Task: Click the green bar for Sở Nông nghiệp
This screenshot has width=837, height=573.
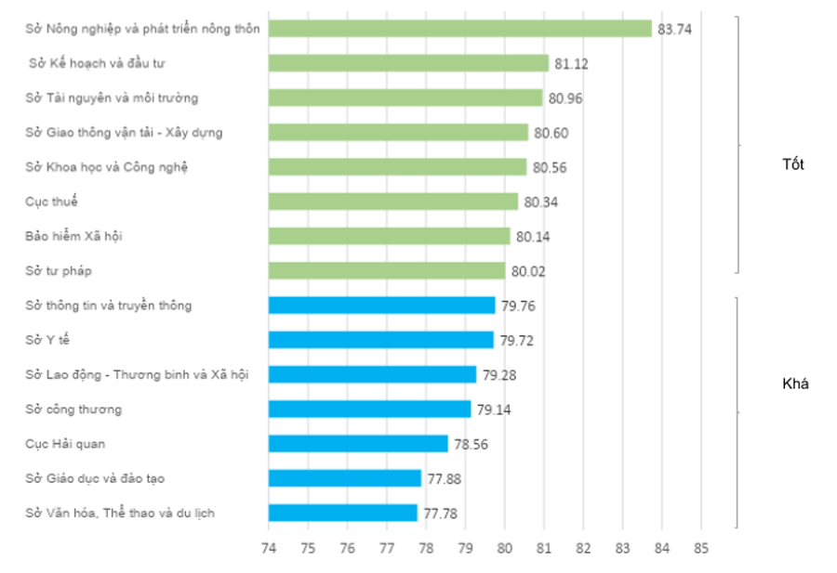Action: click(x=459, y=29)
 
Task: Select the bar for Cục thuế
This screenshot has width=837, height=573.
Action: click(x=392, y=202)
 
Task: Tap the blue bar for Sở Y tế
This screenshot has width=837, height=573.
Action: click(x=380, y=340)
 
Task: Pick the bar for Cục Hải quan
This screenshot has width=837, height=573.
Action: click(x=358, y=444)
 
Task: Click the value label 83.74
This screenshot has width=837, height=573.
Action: click(x=674, y=29)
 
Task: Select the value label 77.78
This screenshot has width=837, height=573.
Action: click(x=440, y=513)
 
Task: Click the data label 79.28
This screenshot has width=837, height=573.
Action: click(x=498, y=375)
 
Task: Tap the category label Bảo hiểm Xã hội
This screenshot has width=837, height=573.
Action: click(x=73, y=236)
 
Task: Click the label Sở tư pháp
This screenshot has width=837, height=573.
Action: click(x=59, y=270)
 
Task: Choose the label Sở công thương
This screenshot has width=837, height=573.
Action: click(x=73, y=409)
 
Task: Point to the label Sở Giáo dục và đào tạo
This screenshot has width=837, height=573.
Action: click(x=96, y=478)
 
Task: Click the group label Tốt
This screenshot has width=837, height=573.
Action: click(x=793, y=164)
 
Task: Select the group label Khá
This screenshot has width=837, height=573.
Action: click(x=795, y=384)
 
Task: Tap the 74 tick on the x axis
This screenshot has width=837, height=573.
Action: click(x=268, y=547)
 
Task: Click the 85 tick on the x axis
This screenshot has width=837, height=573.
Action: click(x=701, y=547)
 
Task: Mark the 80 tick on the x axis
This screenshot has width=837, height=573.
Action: click(x=504, y=547)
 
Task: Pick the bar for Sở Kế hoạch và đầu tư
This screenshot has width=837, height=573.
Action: click(x=408, y=63)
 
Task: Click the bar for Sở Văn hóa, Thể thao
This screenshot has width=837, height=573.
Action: click(x=342, y=513)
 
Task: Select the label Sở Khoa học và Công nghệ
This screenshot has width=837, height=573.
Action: click(x=107, y=167)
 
